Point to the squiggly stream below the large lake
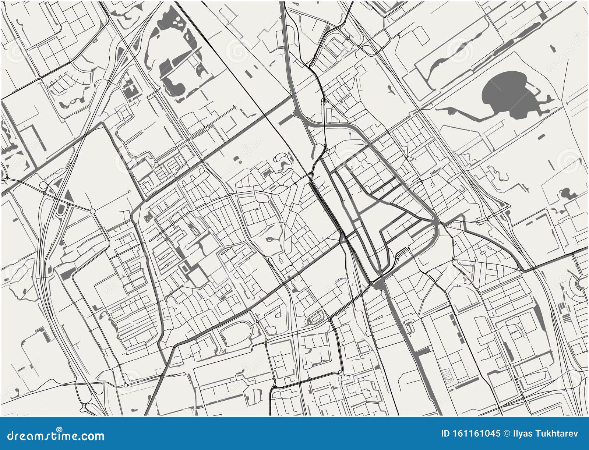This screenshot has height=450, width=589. (495, 173)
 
